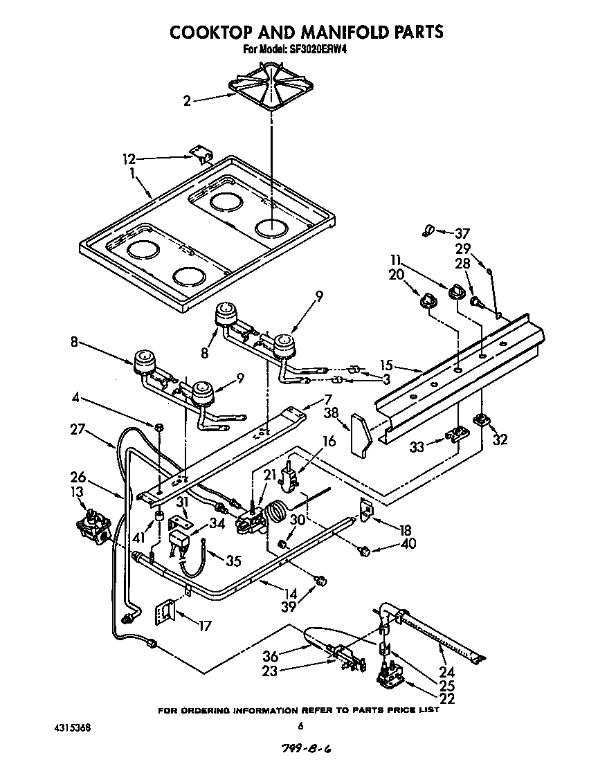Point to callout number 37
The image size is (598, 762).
coord(461,233)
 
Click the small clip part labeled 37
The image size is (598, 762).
coord(428,230)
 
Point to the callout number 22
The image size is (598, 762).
coord(446,699)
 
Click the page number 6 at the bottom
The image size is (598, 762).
coord(300,726)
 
